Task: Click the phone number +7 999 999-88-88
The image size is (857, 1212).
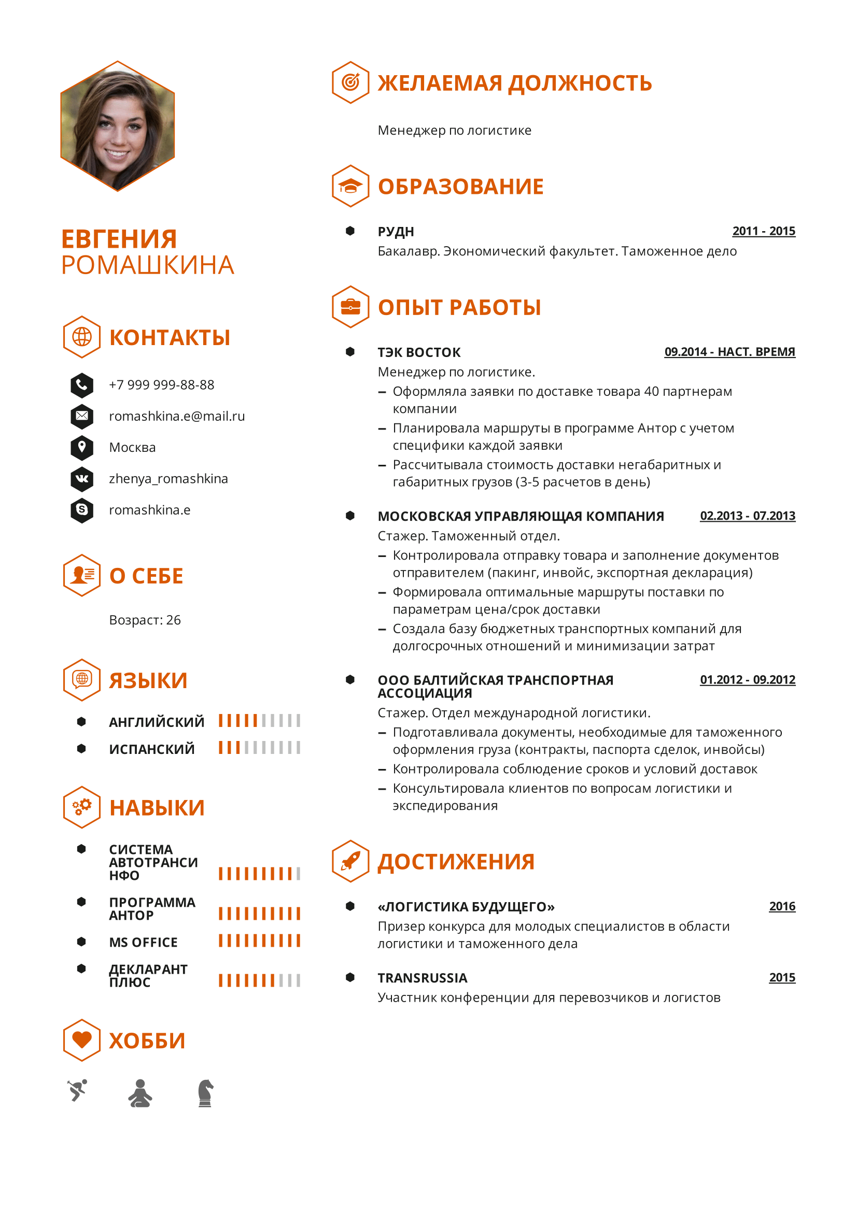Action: coord(161,385)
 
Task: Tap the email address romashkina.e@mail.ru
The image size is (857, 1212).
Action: coord(176,416)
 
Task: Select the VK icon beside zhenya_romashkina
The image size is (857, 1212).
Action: coord(82,479)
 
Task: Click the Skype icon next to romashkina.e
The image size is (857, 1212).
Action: coord(82,510)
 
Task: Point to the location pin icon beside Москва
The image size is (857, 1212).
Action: coord(82,447)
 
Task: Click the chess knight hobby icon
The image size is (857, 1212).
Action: coord(205,1093)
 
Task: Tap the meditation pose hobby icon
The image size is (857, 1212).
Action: coord(140,1093)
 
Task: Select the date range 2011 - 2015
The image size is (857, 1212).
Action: coord(763,231)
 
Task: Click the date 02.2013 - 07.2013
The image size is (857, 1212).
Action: coord(747,516)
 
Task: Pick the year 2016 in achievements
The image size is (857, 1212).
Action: coord(781,906)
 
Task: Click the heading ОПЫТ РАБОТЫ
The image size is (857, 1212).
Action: coord(459,308)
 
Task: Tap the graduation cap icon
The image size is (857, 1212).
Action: coord(350,186)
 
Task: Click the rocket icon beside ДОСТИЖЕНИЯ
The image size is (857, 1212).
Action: coord(350,861)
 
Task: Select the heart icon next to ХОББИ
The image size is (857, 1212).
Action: coord(82,1040)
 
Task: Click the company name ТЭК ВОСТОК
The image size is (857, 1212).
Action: coord(419,352)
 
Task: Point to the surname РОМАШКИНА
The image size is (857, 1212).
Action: coord(147,265)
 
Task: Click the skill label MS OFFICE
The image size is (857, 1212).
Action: coord(143,942)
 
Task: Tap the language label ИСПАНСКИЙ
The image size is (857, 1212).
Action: coord(151,749)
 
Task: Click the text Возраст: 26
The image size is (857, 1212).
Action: coord(145,620)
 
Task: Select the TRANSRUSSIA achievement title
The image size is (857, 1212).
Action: coord(422,978)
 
